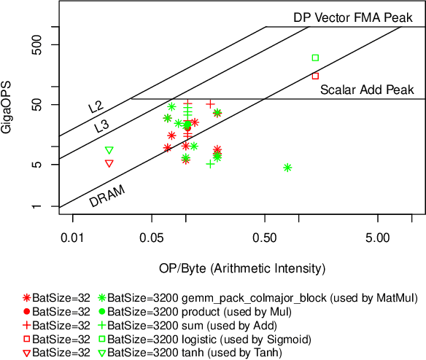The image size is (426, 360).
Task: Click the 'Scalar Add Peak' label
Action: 367,90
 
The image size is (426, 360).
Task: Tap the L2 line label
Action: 96,107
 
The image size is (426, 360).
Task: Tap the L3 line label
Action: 101,126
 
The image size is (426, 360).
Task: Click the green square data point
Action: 315,58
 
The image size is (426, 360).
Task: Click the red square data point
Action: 315,76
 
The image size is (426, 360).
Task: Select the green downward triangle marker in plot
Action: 109,150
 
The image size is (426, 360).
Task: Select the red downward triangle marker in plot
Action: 109,163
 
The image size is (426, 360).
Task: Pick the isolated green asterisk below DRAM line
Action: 287,168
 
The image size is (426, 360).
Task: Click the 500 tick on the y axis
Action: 50,45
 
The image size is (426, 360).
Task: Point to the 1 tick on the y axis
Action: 53,208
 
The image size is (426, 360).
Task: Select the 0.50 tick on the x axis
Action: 264,238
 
